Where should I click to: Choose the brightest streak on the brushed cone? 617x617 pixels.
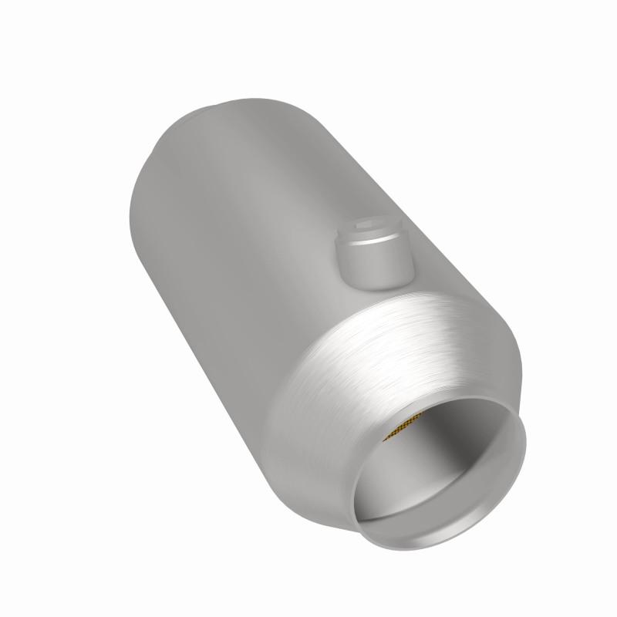pos(432,324)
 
